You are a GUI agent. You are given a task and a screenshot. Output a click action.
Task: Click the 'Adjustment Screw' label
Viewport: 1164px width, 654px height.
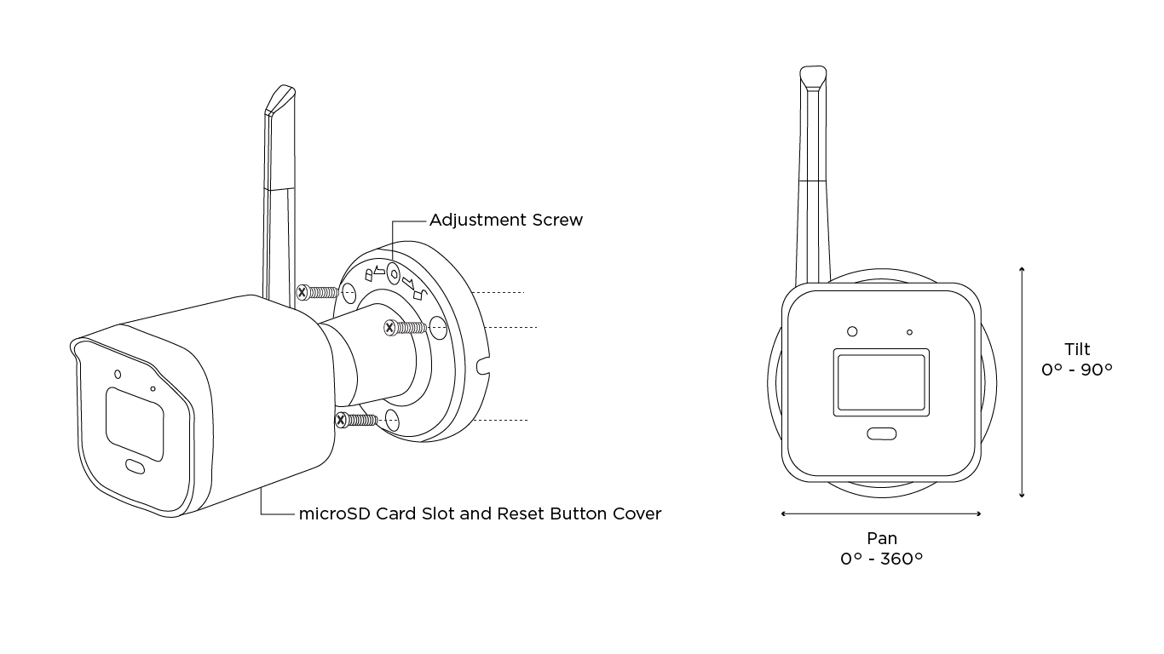click(505, 220)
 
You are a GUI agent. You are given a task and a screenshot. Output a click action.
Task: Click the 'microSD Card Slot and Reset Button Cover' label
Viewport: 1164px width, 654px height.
click(480, 513)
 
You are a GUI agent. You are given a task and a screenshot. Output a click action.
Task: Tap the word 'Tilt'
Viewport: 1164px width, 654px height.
click(1076, 349)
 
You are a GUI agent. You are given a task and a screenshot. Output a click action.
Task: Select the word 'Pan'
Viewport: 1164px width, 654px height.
click(881, 538)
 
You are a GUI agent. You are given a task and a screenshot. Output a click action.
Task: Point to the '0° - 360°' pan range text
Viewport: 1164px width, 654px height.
click(881, 559)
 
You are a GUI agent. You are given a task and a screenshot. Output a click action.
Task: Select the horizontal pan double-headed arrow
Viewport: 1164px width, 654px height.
click(881, 513)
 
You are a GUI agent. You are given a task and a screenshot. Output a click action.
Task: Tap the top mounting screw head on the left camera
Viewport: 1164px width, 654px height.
click(303, 292)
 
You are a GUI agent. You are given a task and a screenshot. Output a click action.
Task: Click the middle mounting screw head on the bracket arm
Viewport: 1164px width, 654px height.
click(390, 326)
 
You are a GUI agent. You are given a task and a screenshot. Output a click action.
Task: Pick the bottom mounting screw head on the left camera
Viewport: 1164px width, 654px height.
click(341, 419)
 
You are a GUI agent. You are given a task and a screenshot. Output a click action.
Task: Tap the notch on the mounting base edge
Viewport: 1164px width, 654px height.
click(486, 367)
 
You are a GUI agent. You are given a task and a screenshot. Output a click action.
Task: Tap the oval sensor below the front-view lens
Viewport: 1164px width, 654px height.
click(881, 433)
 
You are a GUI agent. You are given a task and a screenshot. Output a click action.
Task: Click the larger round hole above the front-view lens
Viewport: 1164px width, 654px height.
click(851, 331)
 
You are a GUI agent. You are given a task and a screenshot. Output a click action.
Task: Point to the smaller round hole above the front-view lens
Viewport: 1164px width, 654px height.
click(909, 331)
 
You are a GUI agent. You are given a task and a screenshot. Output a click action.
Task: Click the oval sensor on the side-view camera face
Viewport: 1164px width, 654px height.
click(135, 466)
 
